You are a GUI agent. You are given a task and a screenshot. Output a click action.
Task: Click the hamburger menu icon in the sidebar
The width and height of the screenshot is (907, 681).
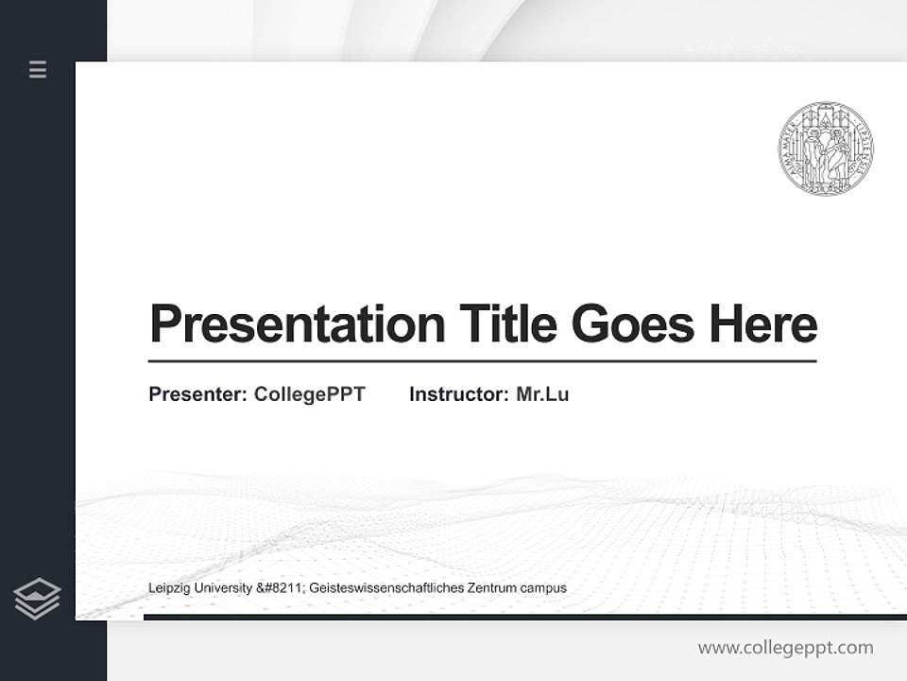pos(38,69)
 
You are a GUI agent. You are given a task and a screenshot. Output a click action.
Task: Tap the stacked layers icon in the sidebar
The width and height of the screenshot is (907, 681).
pos(37,599)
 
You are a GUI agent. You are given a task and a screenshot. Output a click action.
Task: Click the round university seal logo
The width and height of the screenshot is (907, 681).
pos(826,148)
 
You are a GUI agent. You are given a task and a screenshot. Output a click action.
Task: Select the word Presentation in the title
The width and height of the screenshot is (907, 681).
pos(297,324)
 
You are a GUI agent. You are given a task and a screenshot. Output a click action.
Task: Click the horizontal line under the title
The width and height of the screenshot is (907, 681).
pos(482,361)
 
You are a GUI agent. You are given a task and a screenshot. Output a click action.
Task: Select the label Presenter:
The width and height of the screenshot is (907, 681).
pos(197,394)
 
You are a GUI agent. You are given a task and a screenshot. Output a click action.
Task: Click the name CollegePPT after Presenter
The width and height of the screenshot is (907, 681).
pos(309,394)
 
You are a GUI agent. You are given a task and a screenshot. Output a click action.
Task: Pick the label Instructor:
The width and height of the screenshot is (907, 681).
pos(458,394)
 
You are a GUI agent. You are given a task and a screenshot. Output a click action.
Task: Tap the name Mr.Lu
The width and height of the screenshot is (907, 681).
pos(542,394)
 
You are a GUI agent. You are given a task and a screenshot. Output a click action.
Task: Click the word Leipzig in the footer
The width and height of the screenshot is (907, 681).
pos(167,588)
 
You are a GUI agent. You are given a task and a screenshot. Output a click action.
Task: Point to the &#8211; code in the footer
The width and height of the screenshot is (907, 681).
pos(282,588)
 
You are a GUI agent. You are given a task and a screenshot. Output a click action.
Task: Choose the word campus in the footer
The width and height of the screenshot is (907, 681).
pos(543,588)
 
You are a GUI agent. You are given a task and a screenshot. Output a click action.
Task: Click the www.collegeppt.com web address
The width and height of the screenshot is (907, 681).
pos(785,648)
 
